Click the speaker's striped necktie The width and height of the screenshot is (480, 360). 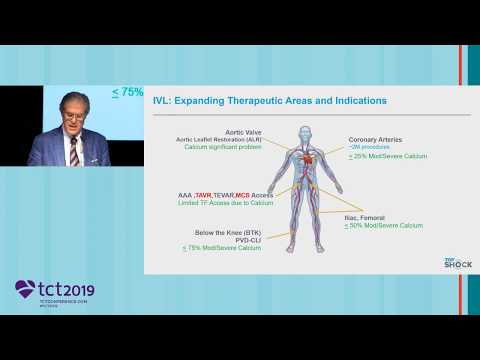pos(73,151)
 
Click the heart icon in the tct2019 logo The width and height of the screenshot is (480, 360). pos(25,290)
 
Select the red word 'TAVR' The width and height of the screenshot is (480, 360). pos(226,195)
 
